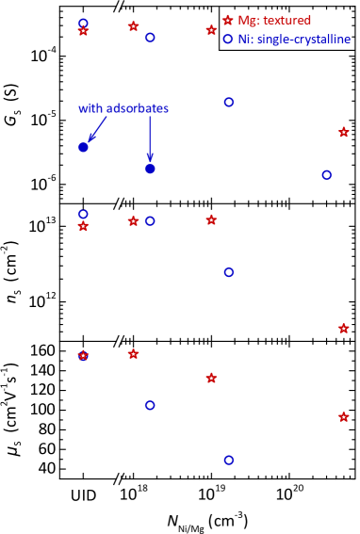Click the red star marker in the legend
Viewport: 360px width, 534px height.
pyautogui.click(x=227, y=20)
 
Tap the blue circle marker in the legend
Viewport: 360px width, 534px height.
pyautogui.click(x=227, y=39)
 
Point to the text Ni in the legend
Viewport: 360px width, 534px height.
pyautogui.click(x=244, y=39)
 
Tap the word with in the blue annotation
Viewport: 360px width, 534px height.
pyautogui.click(x=90, y=108)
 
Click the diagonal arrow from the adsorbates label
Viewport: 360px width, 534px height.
pyautogui.click(x=96, y=129)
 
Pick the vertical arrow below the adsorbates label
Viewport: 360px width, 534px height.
pyautogui.click(x=150, y=138)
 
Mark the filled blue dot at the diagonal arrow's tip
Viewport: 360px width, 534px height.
pyautogui.click(x=83, y=147)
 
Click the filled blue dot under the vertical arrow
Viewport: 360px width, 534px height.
pyautogui.click(x=150, y=169)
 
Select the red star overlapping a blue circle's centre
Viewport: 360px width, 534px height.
pyautogui.click(x=83, y=355)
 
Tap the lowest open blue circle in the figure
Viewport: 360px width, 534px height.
pyautogui.click(x=228, y=460)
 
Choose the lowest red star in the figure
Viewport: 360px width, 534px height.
pyautogui.click(x=343, y=416)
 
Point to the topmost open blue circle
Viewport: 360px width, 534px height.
pyautogui.click(x=83, y=22)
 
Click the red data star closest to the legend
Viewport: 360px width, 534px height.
pyautogui.click(x=211, y=30)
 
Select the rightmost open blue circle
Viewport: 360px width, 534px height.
pyautogui.click(x=326, y=174)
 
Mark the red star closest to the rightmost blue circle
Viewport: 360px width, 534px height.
pyautogui.click(x=343, y=132)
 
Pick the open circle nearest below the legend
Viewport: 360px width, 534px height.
pyautogui.click(x=228, y=102)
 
